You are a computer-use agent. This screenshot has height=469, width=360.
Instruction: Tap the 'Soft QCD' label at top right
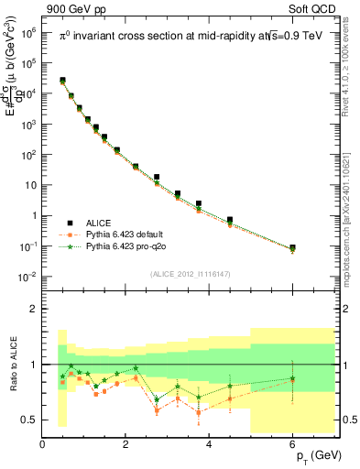click(313, 7)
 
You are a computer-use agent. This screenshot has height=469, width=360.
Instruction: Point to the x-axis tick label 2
click(126, 444)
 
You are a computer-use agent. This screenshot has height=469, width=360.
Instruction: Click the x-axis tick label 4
click(210, 444)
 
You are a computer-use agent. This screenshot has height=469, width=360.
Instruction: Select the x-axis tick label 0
click(43, 444)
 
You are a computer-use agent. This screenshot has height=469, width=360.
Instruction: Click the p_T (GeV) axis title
click(313, 455)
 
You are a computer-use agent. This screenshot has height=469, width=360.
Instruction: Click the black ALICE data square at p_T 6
click(292, 247)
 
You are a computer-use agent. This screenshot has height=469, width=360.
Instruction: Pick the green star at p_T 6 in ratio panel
click(292, 377)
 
